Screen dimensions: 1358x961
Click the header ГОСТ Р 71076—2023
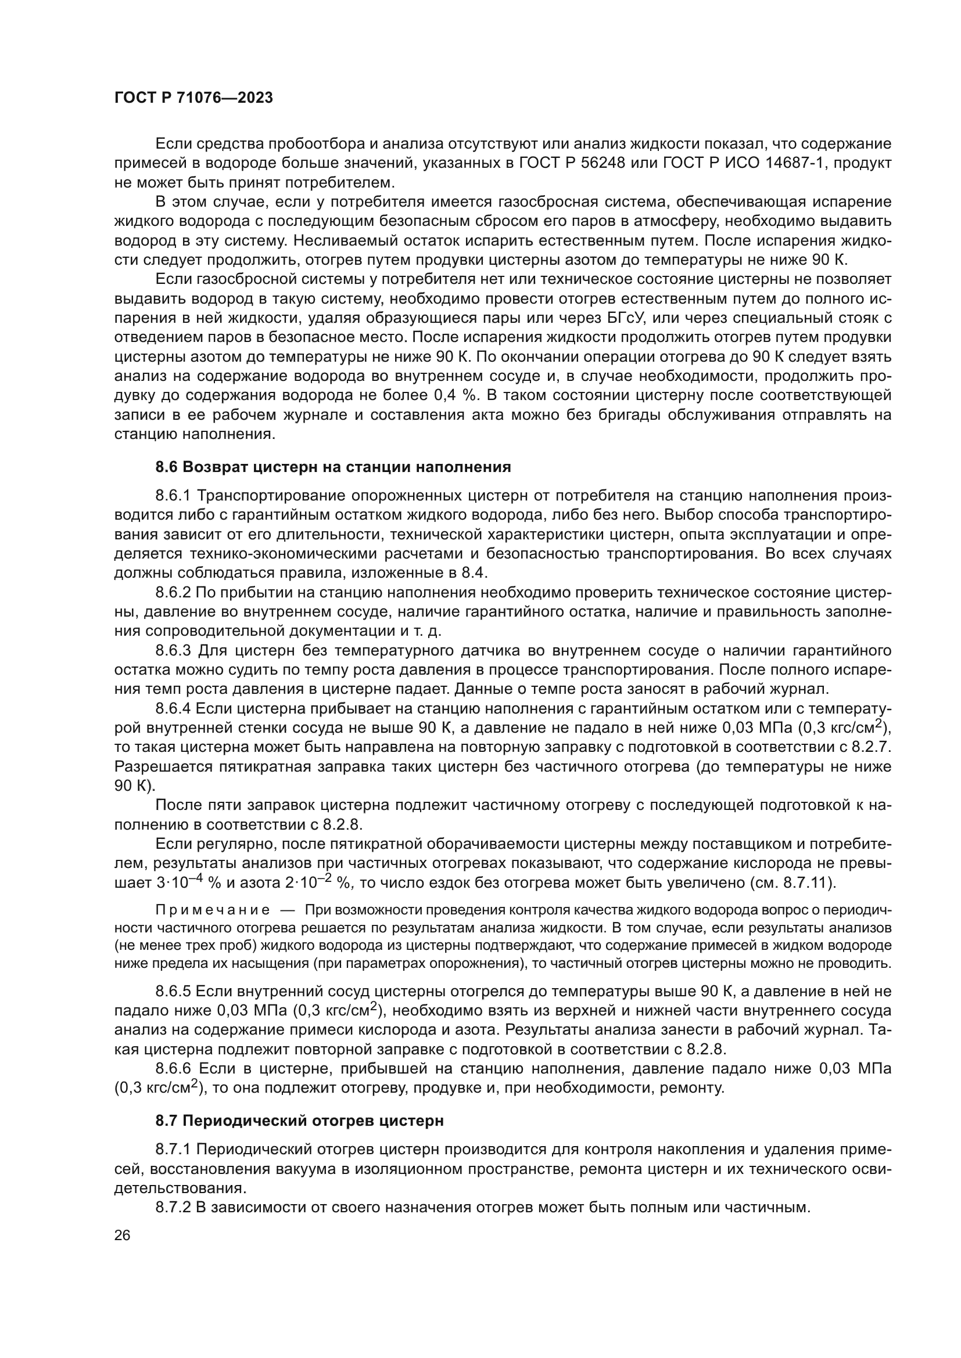click(x=193, y=98)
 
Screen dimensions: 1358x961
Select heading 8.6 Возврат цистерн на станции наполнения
click(x=333, y=467)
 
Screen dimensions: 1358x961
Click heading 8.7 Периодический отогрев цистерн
click(x=299, y=1120)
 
